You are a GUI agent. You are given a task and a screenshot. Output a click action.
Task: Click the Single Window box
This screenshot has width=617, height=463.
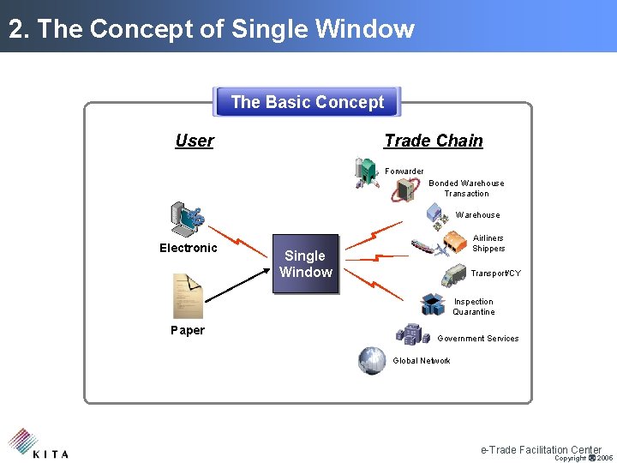point(305,264)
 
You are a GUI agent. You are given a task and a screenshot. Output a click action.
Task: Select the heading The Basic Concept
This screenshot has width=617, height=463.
point(307,102)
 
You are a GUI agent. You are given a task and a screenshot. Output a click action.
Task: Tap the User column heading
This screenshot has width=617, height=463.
point(195,141)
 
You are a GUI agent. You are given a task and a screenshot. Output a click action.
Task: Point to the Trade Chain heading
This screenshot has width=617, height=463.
point(433,141)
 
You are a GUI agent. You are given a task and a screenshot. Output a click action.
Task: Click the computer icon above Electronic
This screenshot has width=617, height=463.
point(187,219)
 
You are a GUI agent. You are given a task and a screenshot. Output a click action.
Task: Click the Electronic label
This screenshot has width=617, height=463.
point(189,248)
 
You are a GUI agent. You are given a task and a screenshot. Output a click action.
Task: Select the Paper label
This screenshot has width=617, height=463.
point(188,330)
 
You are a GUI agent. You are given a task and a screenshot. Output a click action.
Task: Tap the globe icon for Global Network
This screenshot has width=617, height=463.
point(372,360)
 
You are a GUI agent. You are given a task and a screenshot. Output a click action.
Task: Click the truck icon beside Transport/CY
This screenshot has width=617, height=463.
point(455,275)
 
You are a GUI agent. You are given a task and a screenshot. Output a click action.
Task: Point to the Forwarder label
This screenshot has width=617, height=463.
point(404,171)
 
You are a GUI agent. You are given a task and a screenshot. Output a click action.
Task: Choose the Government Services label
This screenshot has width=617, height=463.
point(478,339)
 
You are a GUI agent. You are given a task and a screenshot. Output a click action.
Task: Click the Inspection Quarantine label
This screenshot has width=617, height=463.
point(474,307)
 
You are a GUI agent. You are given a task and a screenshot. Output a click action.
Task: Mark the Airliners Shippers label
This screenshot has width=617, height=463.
point(488,244)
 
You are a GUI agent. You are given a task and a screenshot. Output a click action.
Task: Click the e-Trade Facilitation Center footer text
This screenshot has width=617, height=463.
point(541,449)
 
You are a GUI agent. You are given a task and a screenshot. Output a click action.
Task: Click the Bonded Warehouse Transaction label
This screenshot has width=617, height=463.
point(466,188)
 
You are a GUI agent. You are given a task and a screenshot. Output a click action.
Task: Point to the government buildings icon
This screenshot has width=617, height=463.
point(410,334)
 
